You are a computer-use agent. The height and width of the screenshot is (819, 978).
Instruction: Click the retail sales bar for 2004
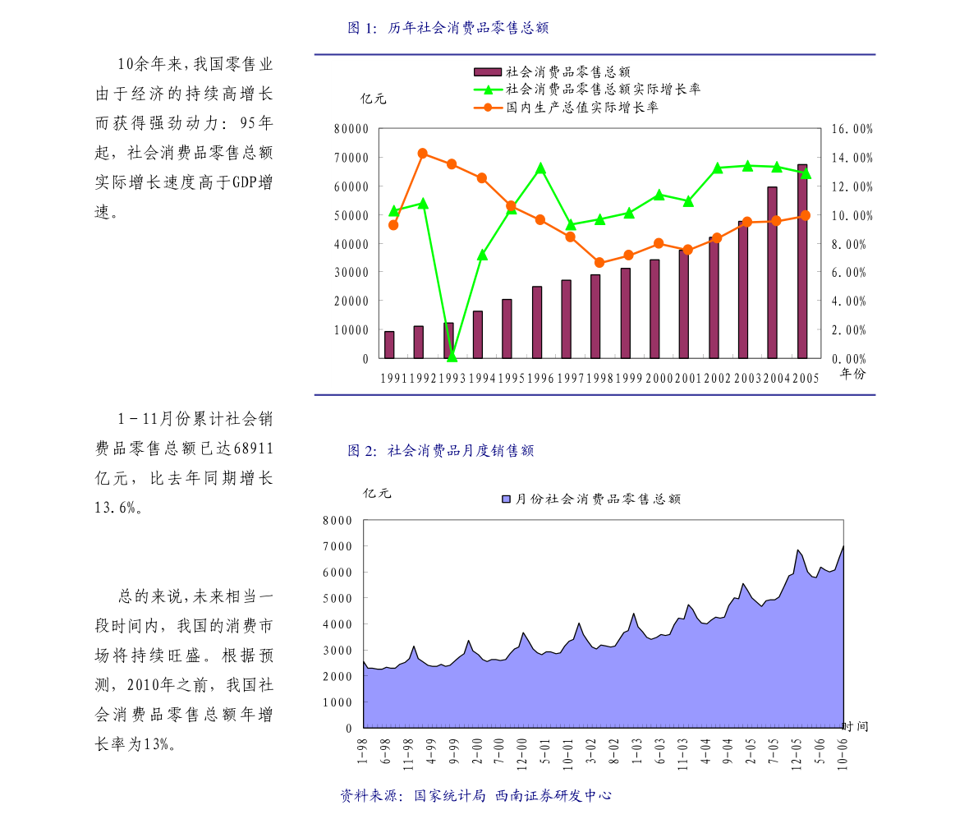pos(772,273)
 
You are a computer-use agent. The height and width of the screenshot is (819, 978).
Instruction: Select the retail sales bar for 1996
pos(536,322)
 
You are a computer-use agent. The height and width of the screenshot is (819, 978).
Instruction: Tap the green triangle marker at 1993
pos(452,357)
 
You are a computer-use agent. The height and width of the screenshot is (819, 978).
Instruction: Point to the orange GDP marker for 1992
pos(422,154)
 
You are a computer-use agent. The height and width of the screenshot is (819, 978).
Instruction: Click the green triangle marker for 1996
pos(540,168)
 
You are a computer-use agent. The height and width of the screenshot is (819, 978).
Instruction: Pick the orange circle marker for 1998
pos(599,263)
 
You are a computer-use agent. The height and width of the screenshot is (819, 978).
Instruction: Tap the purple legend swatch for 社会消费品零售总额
pos(487,72)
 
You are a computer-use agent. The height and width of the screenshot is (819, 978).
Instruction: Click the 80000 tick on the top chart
pos(351,129)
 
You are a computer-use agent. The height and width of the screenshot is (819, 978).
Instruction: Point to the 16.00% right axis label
pos(852,129)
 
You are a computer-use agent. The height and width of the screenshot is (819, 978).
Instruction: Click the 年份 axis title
pos(852,374)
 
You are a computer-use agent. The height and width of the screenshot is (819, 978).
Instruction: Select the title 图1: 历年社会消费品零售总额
pos(448,28)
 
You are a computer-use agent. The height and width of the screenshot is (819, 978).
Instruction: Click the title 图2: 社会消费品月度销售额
pos(441,450)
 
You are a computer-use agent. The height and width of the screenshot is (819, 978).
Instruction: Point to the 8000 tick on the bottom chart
pos(337,520)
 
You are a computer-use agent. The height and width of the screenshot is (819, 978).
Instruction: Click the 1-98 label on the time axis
pos(361,752)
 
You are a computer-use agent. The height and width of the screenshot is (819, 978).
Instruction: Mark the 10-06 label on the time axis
pos(842,752)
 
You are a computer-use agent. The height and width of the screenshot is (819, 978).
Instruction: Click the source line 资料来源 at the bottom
pos(476,796)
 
